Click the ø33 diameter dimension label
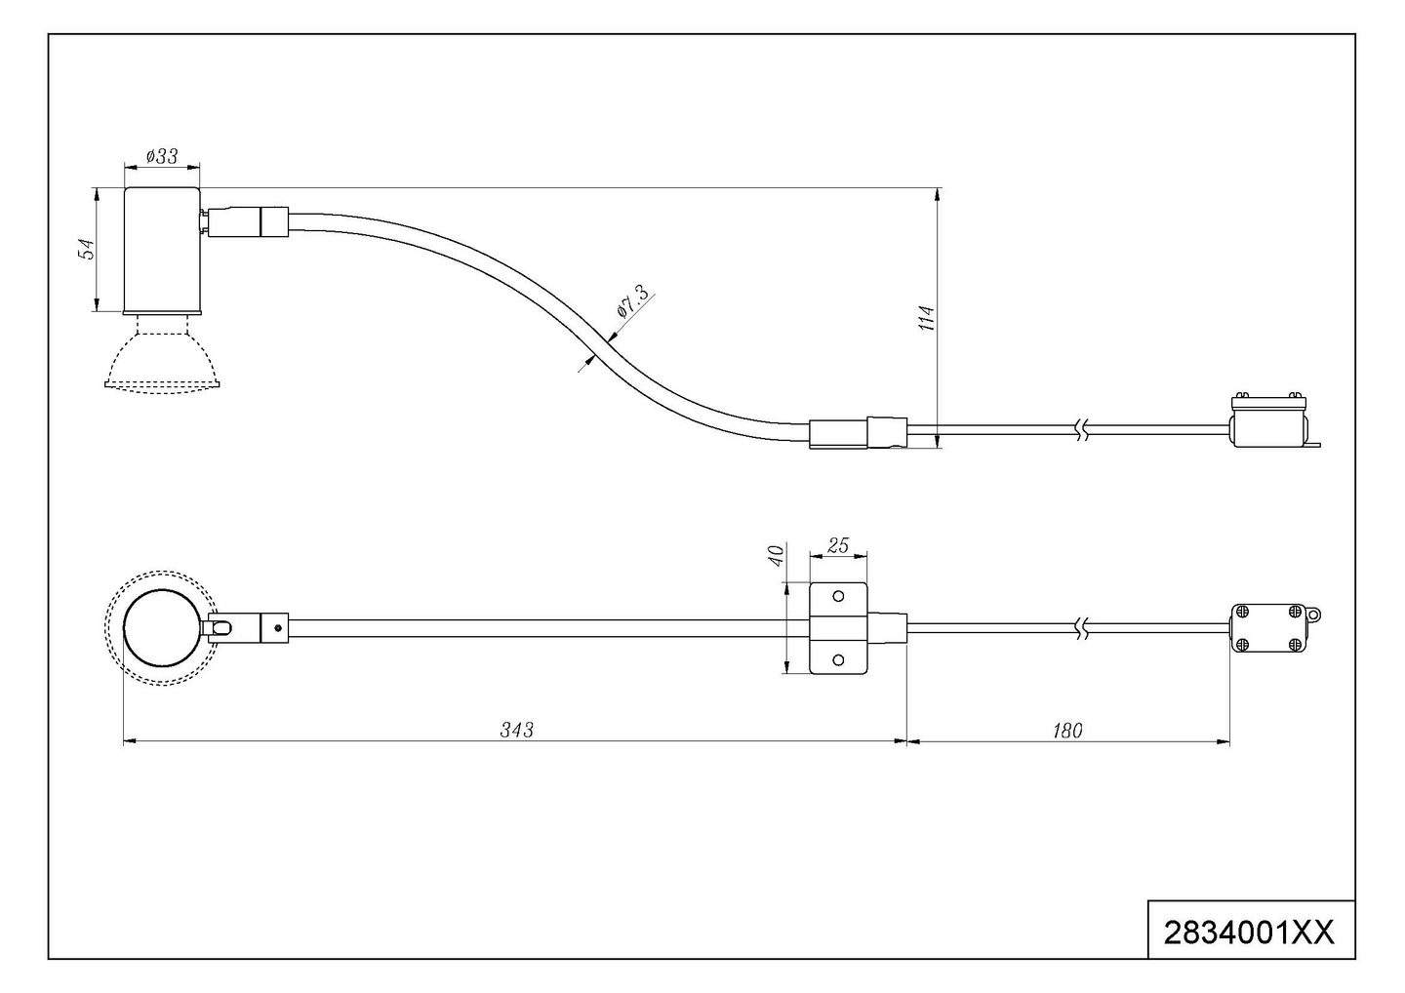click(162, 156)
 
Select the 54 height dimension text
click(87, 249)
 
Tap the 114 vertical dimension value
click(927, 318)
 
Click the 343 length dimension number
click(516, 730)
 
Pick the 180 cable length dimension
click(1067, 731)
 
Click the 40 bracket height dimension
click(777, 556)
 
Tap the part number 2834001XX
click(1249, 951)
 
